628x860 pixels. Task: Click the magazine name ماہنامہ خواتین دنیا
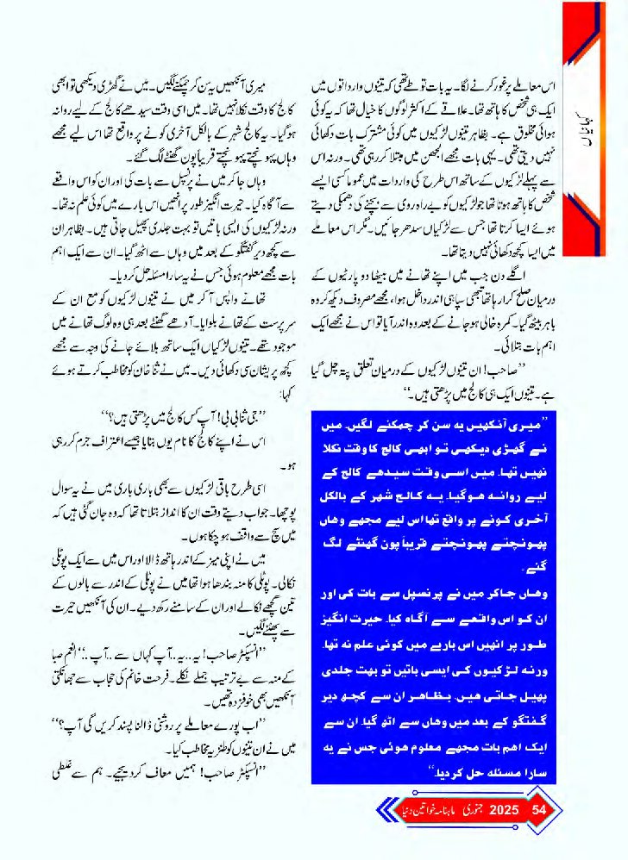[x=426, y=810]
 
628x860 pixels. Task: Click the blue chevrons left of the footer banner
[x=385, y=810]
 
